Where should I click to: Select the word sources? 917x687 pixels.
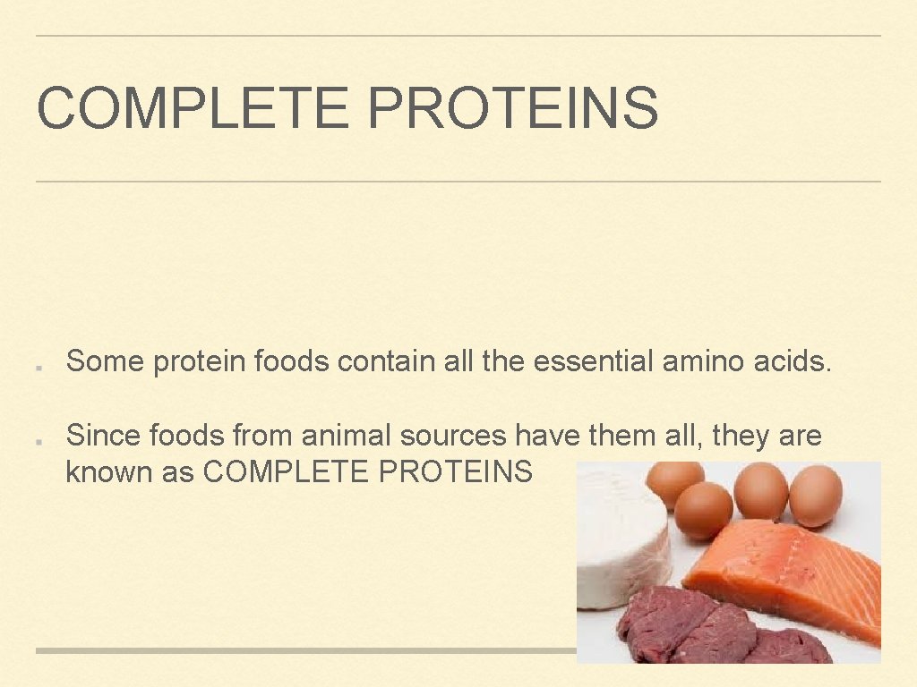[x=453, y=436]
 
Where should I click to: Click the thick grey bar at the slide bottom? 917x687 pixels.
[x=304, y=650]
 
